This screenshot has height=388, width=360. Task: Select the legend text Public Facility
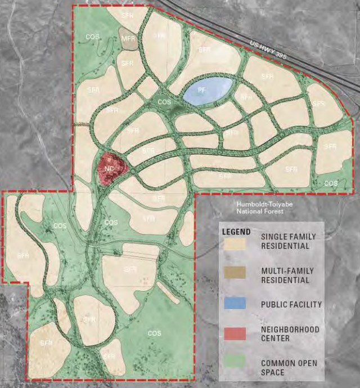click(x=291, y=305)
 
